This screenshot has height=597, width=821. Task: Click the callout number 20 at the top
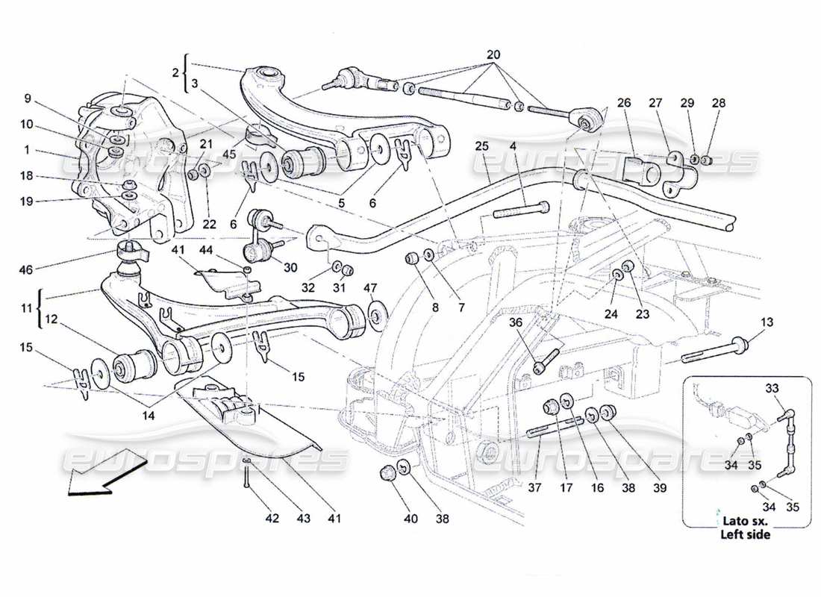point(493,54)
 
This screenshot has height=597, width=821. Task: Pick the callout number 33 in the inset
point(771,387)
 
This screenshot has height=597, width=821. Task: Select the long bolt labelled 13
point(713,350)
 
